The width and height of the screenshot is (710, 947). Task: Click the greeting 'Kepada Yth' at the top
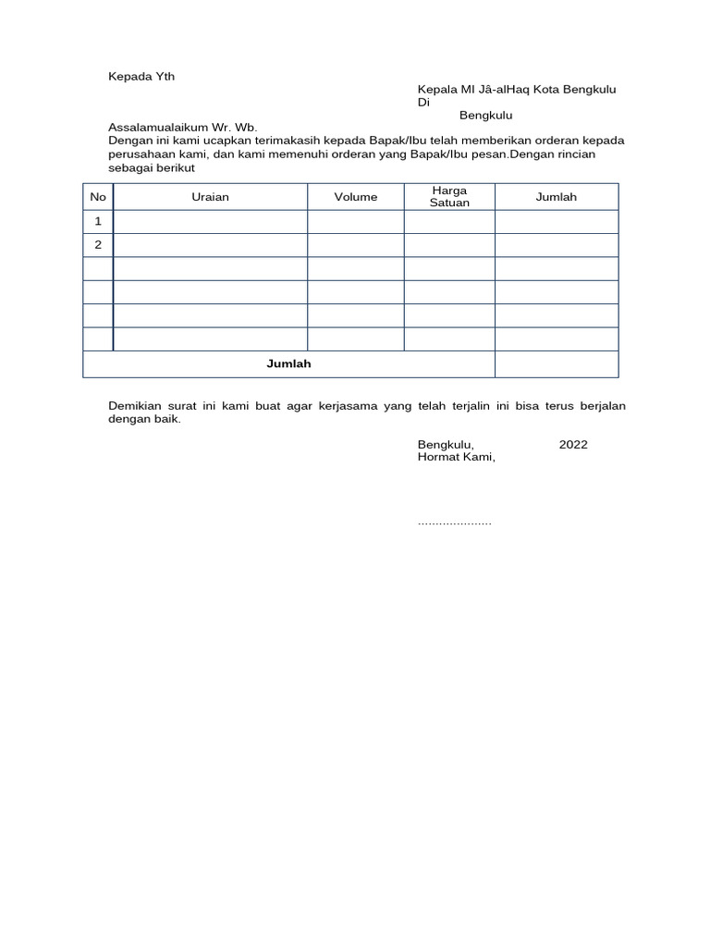point(141,77)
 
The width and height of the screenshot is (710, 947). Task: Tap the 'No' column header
point(98,197)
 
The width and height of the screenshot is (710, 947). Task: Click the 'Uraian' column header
point(210,197)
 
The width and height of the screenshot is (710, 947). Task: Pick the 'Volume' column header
point(356,197)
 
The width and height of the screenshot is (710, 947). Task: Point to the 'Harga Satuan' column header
point(449,197)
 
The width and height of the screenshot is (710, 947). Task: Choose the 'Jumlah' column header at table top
point(556,197)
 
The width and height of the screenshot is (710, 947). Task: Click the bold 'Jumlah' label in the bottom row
point(288,364)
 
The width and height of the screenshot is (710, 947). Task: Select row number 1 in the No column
point(98,222)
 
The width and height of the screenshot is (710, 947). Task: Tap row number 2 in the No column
point(98,245)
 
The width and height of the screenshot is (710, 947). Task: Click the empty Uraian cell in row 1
point(210,222)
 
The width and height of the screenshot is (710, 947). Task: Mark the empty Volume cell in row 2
point(356,245)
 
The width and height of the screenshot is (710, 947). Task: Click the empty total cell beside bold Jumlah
point(556,364)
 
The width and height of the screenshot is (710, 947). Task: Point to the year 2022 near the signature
point(572,445)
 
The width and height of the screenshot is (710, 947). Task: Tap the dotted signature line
point(455,523)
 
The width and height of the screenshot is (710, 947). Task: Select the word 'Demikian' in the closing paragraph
point(135,406)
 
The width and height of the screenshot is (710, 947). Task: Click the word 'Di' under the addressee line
point(423,103)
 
